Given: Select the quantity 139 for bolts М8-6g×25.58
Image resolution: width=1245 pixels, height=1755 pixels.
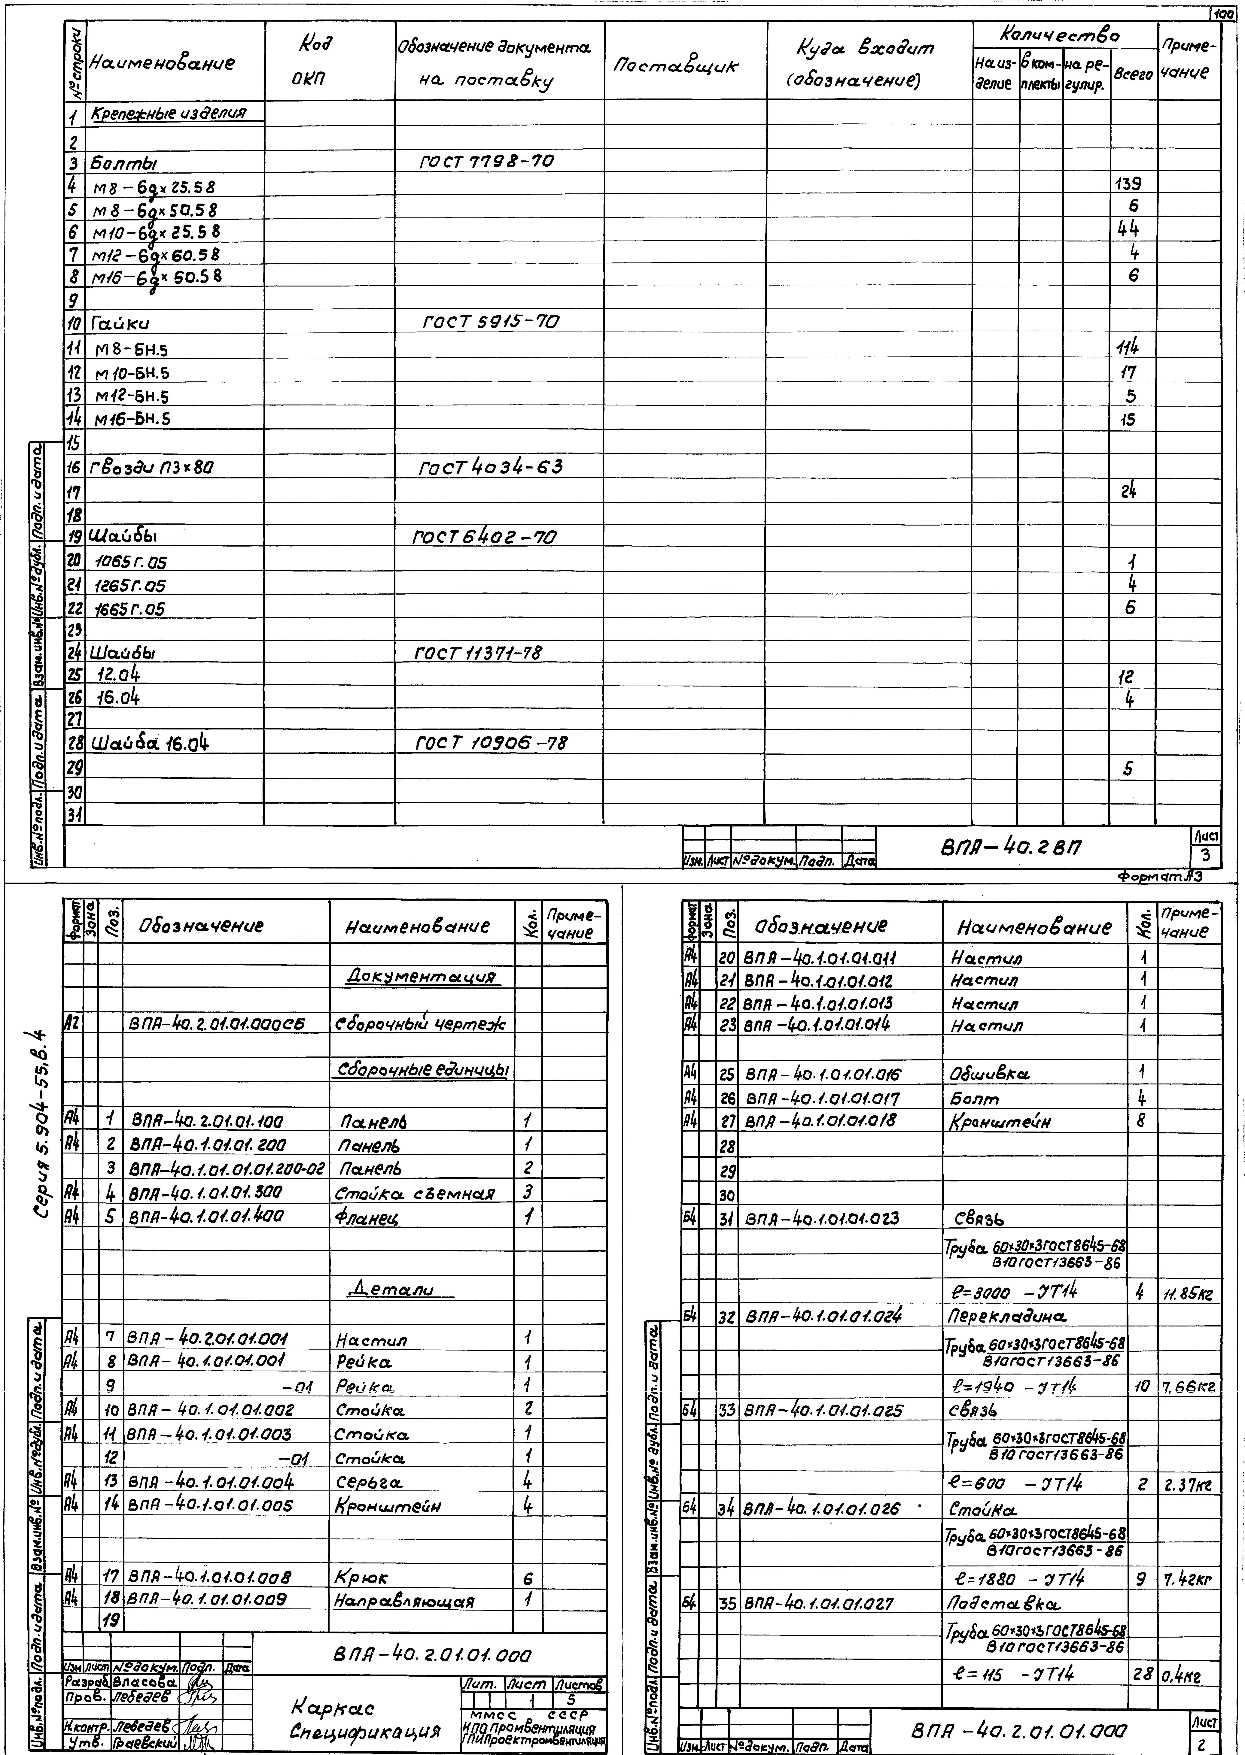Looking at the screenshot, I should pyautogui.click(x=1128, y=185).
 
